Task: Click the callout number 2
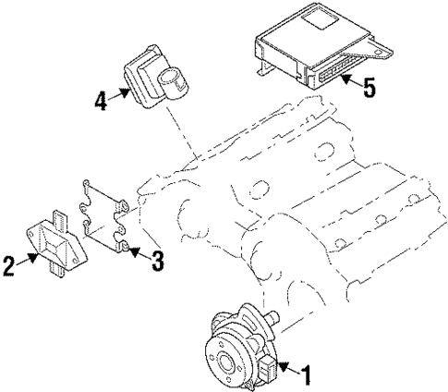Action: (10, 265)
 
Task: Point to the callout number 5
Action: (370, 91)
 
